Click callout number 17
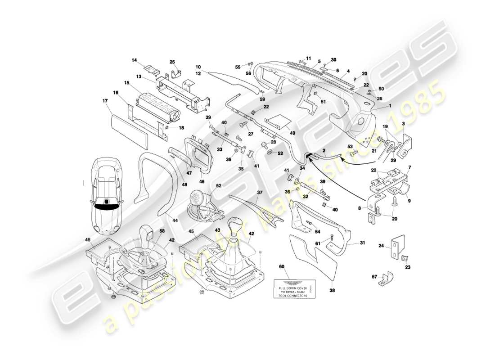106,101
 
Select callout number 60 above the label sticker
282,266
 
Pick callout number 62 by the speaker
219,185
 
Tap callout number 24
381,246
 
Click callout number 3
404,123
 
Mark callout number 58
162,231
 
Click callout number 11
309,58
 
